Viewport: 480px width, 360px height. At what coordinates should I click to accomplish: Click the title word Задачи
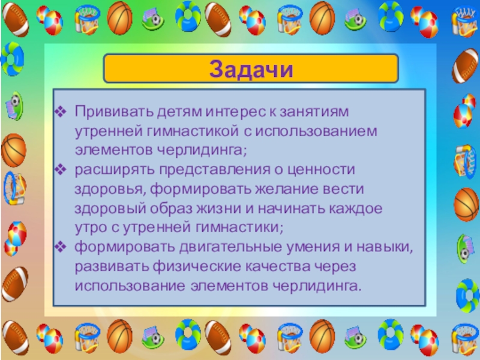click(x=251, y=68)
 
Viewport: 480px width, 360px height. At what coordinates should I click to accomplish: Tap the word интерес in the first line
click(x=230, y=112)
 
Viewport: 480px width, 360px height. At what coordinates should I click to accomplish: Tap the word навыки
click(x=386, y=246)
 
